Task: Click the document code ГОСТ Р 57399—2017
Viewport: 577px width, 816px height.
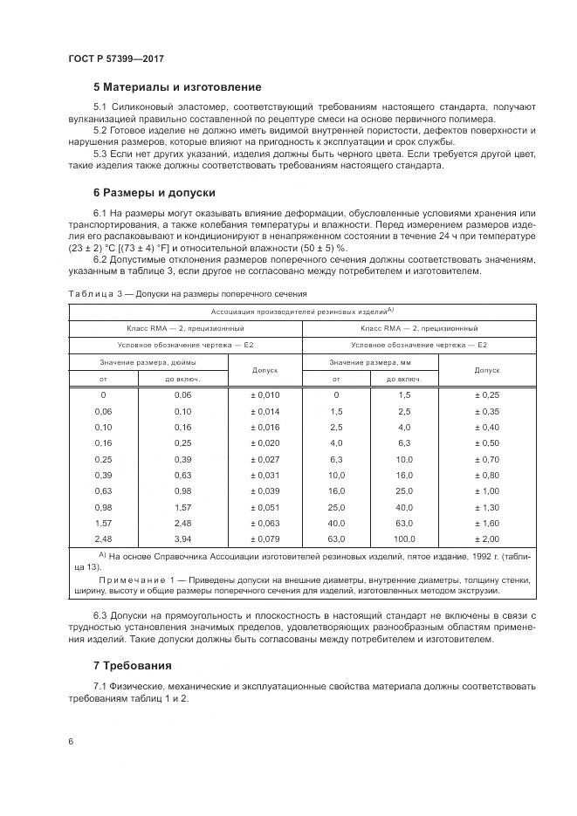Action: pos(115,59)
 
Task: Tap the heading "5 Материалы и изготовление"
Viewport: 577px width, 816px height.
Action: pos(177,87)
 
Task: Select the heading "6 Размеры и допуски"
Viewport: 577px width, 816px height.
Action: pos(155,192)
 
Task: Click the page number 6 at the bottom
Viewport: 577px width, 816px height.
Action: pos(70,741)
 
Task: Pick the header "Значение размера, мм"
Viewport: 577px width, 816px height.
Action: pos(369,361)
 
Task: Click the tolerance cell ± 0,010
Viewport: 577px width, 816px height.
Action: pos(264,395)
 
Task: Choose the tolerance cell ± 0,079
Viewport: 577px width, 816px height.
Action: pos(264,538)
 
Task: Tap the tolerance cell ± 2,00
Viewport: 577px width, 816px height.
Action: pos(486,538)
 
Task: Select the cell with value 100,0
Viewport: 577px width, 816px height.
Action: pos(403,538)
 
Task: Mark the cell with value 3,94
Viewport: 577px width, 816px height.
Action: pos(182,538)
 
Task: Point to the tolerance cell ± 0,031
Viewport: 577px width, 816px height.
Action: pos(264,475)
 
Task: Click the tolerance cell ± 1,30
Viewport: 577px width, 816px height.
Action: pos(486,507)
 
